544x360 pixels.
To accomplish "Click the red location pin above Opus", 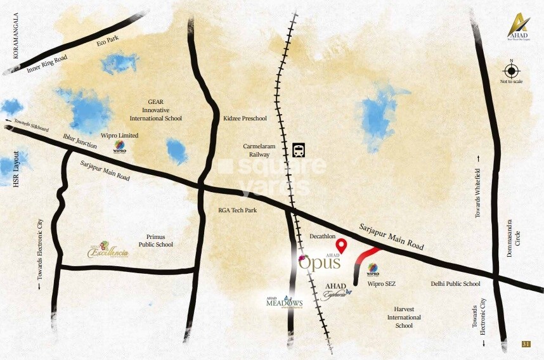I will click(341, 245).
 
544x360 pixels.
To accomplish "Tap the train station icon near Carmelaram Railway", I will click(299, 150).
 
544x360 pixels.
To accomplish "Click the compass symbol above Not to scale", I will click(512, 70).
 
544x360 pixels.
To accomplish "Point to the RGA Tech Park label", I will click(237, 210).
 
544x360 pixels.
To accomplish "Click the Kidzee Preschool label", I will click(245, 119).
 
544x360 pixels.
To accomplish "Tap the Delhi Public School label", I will click(455, 284).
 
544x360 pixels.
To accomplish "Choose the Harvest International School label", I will click(404, 317).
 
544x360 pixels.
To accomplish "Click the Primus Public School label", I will click(156, 240).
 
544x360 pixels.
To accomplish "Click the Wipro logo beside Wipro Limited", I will click(120, 148).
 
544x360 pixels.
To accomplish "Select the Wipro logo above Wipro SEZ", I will click(373, 269).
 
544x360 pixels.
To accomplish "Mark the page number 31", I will click(526, 344).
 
